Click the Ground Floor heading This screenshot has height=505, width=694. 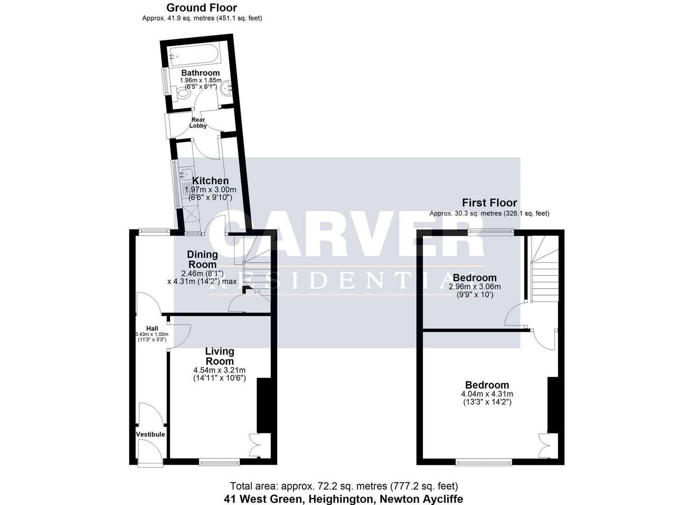(x=201, y=8)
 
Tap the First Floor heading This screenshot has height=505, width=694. (x=489, y=203)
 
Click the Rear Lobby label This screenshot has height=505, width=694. (x=198, y=123)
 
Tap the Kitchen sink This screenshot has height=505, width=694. (x=187, y=178)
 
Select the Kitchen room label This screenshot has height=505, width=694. (x=210, y=181)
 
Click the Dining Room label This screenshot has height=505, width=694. (x=202, y=260)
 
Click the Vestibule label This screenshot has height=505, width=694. (x=150, y=434)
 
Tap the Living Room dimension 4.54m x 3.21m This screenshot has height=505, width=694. (x=219, y=370)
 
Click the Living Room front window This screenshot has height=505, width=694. (x=220, y=462)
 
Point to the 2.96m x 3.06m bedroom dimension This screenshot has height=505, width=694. (x=474, y=287)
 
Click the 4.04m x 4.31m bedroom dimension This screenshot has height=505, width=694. (x=487, y=394)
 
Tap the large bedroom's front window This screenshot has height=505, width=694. (x=484, y=462)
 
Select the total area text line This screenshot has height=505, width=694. (x=343, y=486)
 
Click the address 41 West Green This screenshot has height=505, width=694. (x=343, y=498)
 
